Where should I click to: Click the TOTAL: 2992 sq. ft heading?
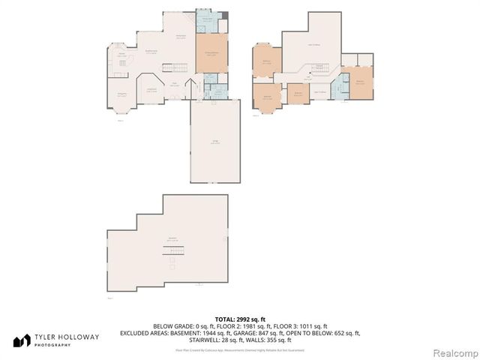(x=240, y=319)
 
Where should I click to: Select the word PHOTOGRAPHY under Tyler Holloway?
(x=57, y=345)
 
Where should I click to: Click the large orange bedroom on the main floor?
(x=211, y=53)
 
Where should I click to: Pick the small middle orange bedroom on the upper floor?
(x=298, y=93)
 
